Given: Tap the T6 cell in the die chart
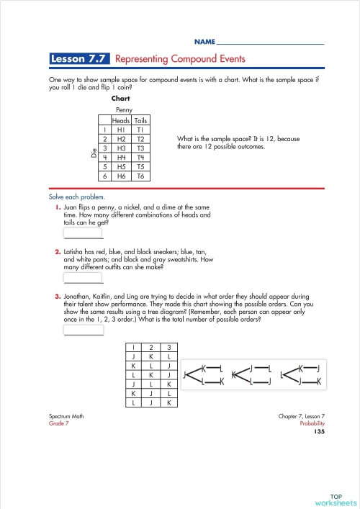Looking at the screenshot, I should [141, 176].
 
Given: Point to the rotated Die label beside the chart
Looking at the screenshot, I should [93, 153].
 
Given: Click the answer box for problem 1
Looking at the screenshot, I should [84, 233].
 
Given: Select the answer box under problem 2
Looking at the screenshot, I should [84, 278].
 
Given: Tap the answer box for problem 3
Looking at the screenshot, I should [84, 330].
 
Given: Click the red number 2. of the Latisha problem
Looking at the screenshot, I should [57, 252].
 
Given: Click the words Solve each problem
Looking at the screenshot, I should [76, 197].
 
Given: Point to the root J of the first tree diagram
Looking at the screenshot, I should [185, 374].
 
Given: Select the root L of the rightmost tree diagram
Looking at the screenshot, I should [281, 374].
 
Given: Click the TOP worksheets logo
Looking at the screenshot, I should [336, 499].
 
